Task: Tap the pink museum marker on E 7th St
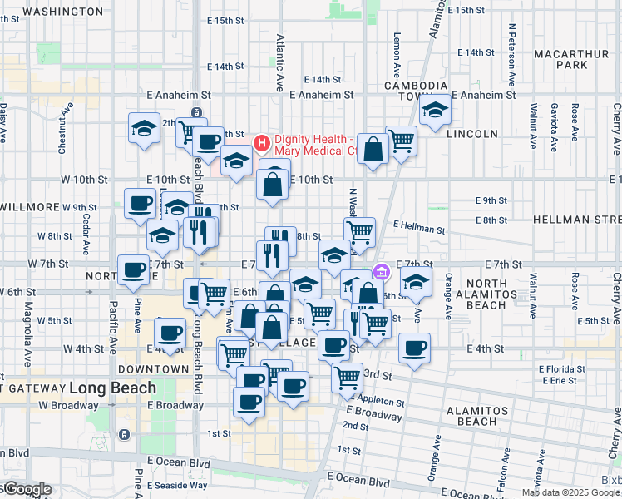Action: click(x=382, y=271)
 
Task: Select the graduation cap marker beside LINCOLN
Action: click(x=435, y=111)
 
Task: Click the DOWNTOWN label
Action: click(x=153, y=368)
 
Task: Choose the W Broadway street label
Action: click(x=68, y=405)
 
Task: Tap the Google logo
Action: click(x=27, y=490)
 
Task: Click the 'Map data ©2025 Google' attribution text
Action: click(x=571, y=492)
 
